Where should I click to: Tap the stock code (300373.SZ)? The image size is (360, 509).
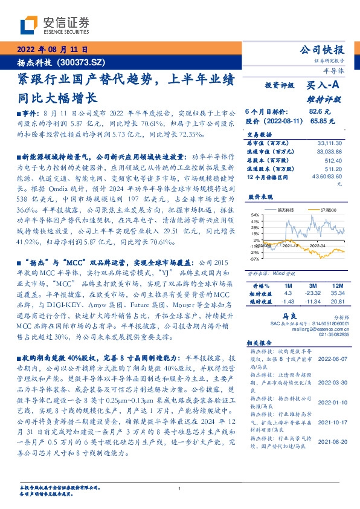coord(83,62)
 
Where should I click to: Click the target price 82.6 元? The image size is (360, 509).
coord(319,112)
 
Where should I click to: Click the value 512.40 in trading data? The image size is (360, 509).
coord(333,160)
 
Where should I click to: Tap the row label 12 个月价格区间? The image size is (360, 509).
coord(269,178)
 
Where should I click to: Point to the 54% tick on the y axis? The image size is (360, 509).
coord(255,215)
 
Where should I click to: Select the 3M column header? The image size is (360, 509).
coord(311,284)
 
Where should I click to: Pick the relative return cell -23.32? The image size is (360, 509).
coord(312,292)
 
